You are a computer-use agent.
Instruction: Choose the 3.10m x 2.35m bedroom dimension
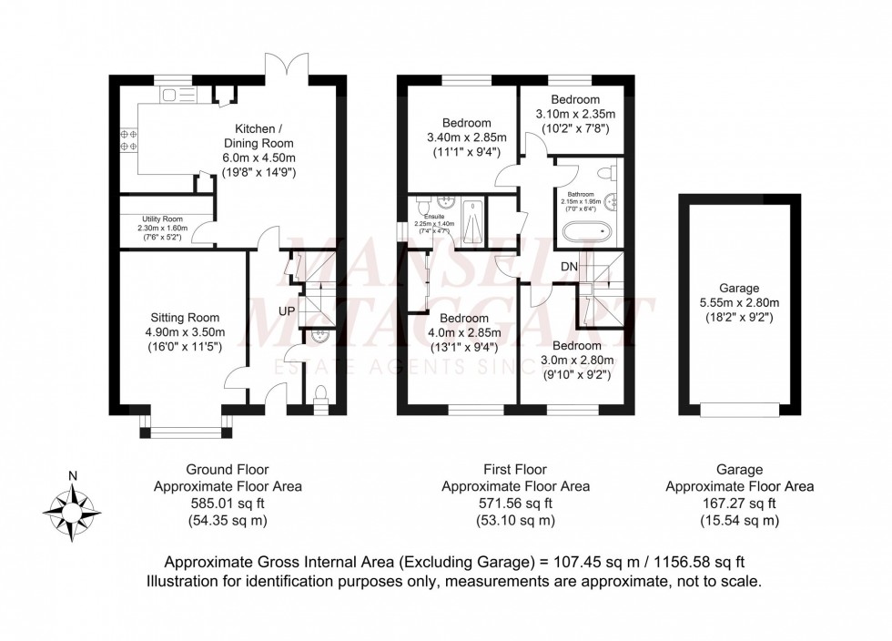[576, 114]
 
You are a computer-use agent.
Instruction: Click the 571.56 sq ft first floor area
[515, 504]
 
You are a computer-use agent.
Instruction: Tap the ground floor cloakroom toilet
[319, 395]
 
